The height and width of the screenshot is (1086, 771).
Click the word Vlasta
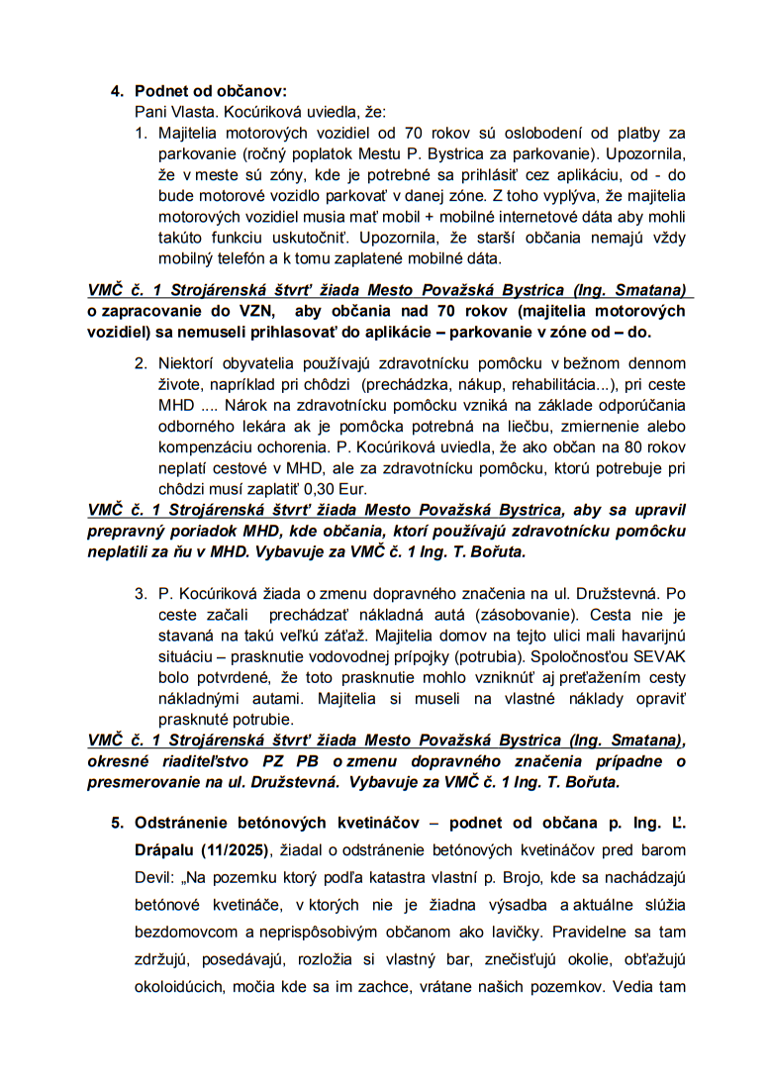202,112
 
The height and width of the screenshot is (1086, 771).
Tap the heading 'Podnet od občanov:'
211,91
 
